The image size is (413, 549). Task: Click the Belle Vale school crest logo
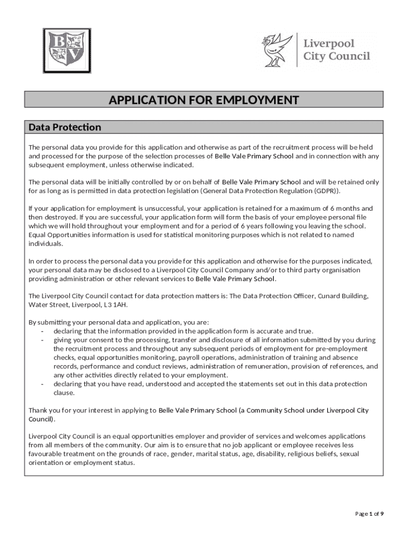coord(67,50)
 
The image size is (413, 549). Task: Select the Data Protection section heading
coord(64,128)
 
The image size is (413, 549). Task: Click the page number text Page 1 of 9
coord(370,514)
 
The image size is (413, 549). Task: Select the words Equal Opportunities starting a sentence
coord(60,235)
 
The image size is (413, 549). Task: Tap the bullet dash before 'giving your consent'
coord(41,340)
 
